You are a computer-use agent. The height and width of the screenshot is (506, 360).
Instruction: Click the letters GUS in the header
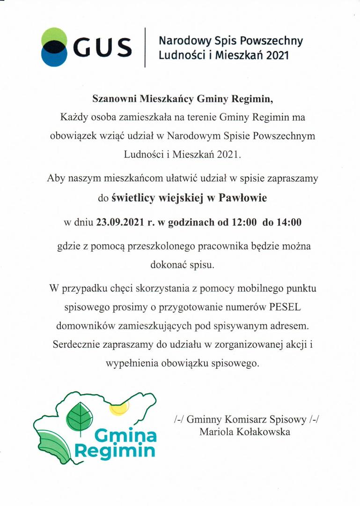click(103, 47)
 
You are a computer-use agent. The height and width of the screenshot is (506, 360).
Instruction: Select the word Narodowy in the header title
click(179, 41)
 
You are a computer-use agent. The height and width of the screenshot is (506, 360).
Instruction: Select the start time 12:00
click(243, 223)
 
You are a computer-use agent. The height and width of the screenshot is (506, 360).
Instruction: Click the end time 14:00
click(288, 223)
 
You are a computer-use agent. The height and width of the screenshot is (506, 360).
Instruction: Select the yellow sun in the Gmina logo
click(119, 407)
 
